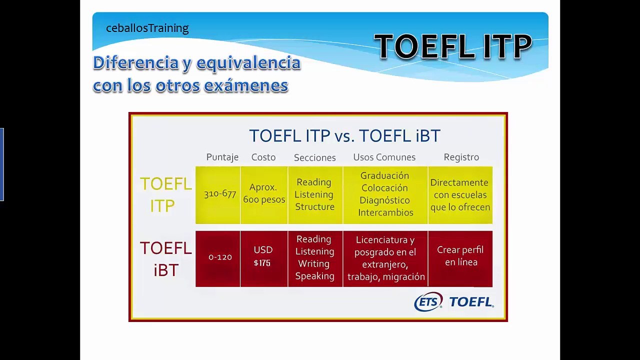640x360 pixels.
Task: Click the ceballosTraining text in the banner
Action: coord(147,28)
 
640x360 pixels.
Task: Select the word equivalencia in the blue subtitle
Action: coord(248,63)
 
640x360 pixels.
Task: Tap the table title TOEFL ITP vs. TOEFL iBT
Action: coord(344,136)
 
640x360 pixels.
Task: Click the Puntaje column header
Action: coord(222,157)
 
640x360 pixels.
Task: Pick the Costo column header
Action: coord(263,157)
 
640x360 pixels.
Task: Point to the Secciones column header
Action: coord(314,157)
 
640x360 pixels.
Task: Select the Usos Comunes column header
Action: coord(384,157)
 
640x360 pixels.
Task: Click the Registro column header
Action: coord(461,157)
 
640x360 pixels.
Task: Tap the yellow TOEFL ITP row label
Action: coord(165,194)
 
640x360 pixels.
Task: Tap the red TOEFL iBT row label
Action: coord(165,258)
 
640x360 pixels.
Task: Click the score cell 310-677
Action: coord(219,194)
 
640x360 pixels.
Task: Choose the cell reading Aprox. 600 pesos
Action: coord(263,193)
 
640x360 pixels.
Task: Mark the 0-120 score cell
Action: coord(220,257)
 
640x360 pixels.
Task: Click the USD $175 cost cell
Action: coord(263,256)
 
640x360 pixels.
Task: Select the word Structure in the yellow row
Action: coord(314,206)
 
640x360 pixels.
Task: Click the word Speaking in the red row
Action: coord(314,276)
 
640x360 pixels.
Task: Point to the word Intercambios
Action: coord(385,212)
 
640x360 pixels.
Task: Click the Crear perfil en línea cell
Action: coord(460,256)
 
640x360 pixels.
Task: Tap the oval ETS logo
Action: coord(428,301)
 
